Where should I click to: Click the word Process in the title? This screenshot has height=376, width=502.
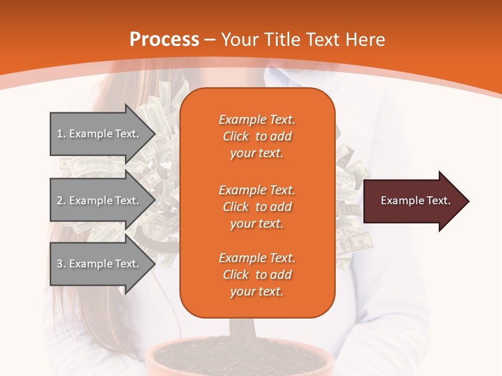click(x=164, y=40)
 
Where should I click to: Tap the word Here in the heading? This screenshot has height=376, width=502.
click(x=366, y=40)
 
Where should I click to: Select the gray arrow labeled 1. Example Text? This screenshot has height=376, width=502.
click(x=99, y=134)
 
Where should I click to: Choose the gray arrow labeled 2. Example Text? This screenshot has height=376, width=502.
click(x=99, y=201)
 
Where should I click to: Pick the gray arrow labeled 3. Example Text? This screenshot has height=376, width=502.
click(x=99, y=264)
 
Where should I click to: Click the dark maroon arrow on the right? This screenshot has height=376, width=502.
click(x=413, y=201)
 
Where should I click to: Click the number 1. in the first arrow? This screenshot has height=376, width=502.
click(x=61, y=134)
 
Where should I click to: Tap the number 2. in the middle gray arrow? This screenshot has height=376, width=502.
click(x=61, y=201)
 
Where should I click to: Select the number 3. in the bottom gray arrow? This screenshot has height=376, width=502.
click(x=61, y=264)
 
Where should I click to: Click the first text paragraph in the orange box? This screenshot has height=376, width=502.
click(x=257, y=136)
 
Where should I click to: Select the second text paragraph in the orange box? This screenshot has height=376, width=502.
click(x=257, y=207)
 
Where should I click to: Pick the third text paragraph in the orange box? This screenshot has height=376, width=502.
click(x=257, y=275)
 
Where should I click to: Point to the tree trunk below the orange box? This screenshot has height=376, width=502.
click(x=242, y=329)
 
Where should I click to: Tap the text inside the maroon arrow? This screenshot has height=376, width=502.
click(x=415, y=201)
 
